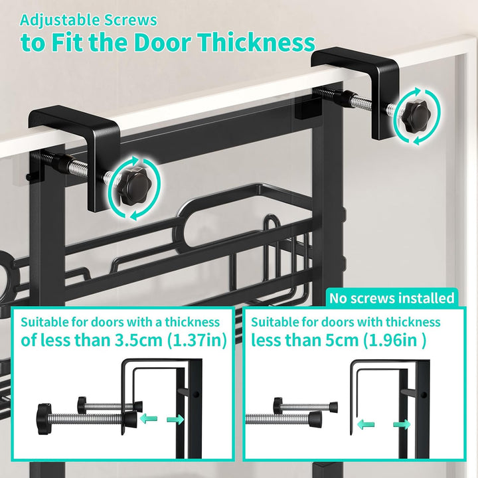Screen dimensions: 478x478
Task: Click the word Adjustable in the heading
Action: (x=60, y=21)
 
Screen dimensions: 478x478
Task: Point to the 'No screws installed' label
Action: (x=392, y=298)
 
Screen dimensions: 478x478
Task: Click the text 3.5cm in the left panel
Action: (x=138, y=340)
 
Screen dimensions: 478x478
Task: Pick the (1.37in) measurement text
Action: (x=197, y=341)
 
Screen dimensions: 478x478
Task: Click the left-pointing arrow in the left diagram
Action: (x=149, y=420)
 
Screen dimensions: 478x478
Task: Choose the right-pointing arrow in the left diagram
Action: (x=175, y=420)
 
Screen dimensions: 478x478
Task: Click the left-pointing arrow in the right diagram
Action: (x=366, y=424)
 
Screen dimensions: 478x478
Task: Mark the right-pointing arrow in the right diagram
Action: (x=402, y=424)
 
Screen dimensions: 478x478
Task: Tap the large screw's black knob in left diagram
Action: (x=42, y=418)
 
